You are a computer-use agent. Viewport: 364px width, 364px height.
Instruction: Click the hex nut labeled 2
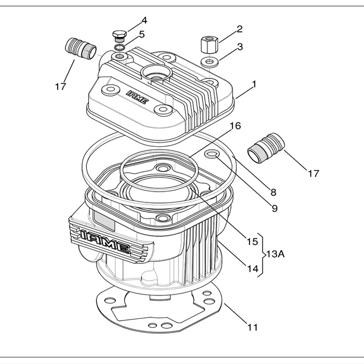(x=209, y=44)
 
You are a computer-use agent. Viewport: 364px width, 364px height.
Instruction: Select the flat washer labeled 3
(x=209, y=61)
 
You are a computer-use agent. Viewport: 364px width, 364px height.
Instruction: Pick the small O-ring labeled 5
(x=120, y=48)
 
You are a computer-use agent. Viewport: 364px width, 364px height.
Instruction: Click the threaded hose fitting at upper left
(x=80, y=49)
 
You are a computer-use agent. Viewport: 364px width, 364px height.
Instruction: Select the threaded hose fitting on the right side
(x=266, y=148)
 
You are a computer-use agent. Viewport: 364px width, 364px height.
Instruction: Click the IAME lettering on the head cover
(x=138, y=97)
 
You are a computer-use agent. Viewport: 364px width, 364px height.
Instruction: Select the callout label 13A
(x=275, y=254)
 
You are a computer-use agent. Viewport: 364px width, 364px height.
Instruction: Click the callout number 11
(x=252, y=327)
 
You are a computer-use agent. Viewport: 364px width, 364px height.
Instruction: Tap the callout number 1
(x=254, y=84)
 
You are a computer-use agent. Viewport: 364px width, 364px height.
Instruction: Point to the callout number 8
(x=273, y=192)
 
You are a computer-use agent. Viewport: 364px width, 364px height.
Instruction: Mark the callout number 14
(x=252, y=269)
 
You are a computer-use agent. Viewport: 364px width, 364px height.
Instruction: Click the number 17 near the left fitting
(x=60, y=86)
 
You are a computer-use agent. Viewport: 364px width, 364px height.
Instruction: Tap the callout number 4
(x=144, y=20)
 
